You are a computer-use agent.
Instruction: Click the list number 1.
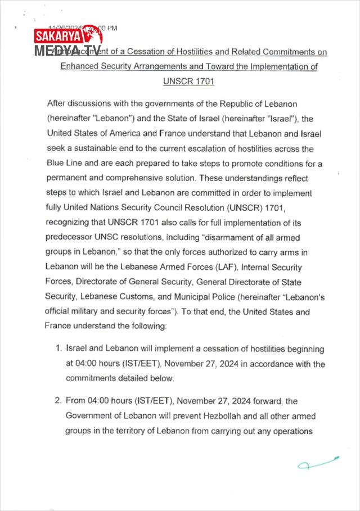[x=58, y=349]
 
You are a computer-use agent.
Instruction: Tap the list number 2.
[x=58, y=401]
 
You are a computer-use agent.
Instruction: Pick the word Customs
[x=145, y=296]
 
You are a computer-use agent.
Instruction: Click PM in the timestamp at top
[x=111, y=28]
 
